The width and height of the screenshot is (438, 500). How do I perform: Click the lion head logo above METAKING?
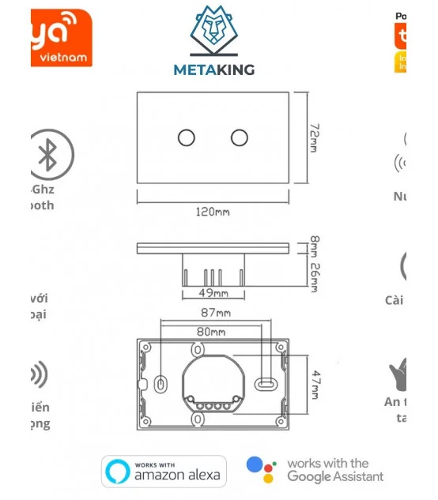[x=213, y=32]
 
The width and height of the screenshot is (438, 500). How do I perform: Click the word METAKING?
[x=213, y=70]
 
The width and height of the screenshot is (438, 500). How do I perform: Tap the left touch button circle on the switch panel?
[x=187, y=137]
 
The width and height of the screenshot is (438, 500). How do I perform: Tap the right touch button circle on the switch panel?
[x=239, y=137]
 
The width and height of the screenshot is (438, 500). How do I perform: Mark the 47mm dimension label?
[x=314, y=385]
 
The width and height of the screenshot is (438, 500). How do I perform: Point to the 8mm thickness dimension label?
[x=314, y=246]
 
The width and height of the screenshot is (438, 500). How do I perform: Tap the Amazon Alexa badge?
[x=164, y=472]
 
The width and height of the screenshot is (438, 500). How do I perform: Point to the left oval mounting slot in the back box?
[x=161, y=383]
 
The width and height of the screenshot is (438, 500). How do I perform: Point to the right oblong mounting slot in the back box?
[x=266, y=383]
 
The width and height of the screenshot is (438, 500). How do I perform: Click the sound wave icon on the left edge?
[x=38, y=375]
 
